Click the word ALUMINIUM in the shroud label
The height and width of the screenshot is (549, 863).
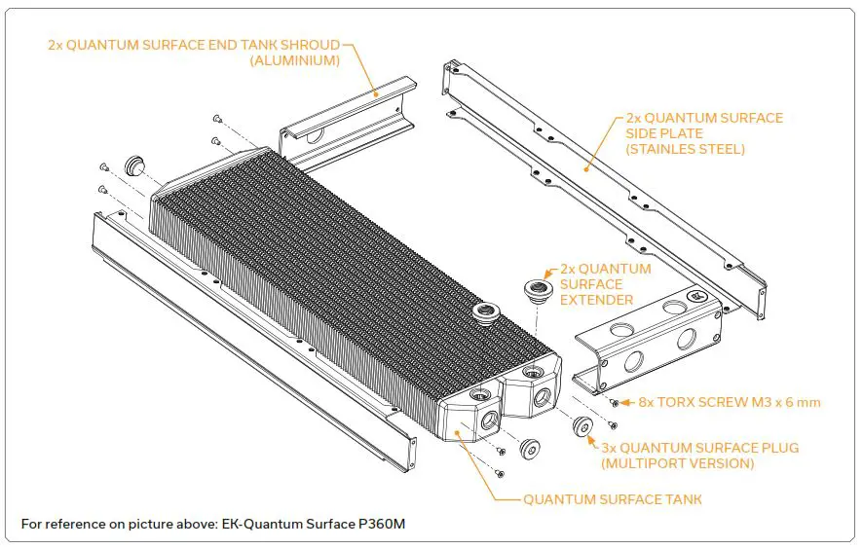pos(295,60)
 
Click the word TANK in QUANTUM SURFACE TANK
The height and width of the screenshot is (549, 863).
pos(681,499)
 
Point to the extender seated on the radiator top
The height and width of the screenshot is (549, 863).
pos(483,313)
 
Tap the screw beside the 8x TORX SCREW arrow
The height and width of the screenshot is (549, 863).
pos(614,401)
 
